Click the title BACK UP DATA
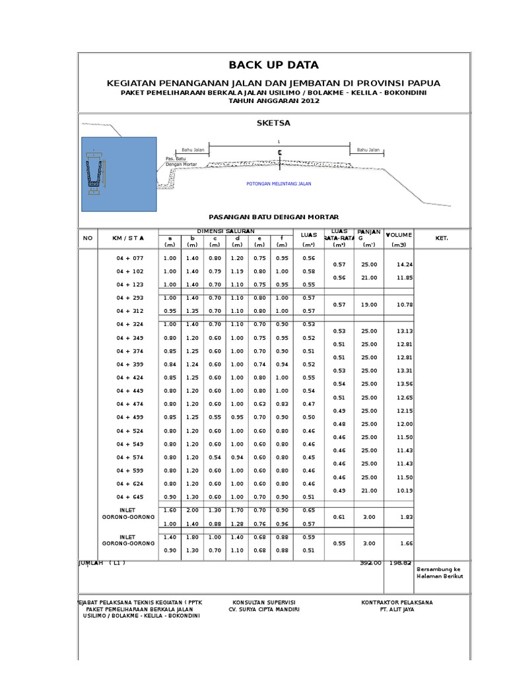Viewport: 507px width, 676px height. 273,65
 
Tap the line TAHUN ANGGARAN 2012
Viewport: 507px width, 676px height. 273,101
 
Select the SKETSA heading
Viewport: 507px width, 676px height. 273,123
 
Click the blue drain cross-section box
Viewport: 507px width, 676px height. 119,174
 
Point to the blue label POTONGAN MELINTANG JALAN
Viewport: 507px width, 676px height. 278,184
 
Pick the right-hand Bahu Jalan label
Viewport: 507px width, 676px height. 369,151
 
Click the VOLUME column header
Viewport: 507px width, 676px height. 399,235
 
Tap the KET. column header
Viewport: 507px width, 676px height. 442,237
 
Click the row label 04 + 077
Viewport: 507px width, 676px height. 129,258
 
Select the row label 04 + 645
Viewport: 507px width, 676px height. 129,497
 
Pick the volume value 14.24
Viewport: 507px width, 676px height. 404,265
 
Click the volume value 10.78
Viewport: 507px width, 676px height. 404,304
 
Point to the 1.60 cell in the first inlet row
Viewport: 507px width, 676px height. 170,510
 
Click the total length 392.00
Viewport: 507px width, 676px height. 371,563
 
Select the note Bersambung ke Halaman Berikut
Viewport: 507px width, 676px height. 440,572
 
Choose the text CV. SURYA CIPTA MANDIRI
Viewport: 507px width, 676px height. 264,609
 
